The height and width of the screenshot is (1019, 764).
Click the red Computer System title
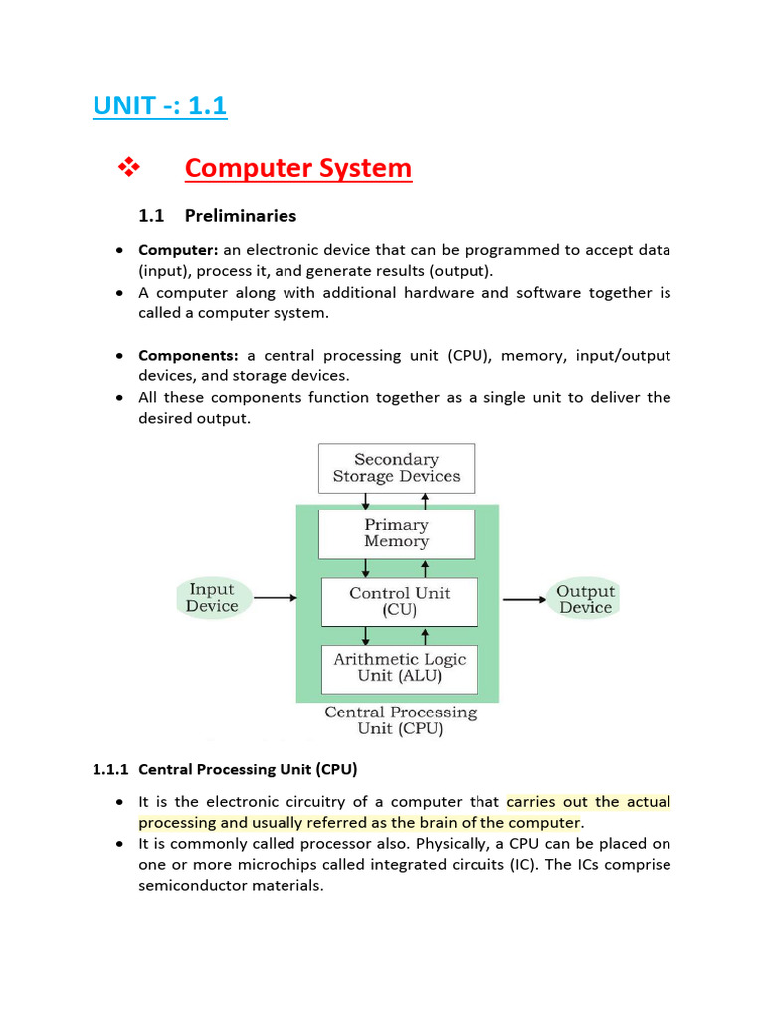tap(297, 168)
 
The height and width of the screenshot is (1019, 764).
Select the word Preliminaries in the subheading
tap(240, 215)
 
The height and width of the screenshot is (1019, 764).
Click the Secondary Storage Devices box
tap(396, 468)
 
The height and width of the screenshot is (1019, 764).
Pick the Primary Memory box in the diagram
tap(396, 533)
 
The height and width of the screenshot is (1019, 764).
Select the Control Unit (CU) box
tap(399, 601)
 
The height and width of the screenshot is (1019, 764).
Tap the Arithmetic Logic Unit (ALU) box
tap(399, 668)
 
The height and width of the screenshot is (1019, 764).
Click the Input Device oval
tap(213, 598)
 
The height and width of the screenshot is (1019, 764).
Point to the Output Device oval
tap(585, 599)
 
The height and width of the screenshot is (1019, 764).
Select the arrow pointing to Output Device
tap(522, 599)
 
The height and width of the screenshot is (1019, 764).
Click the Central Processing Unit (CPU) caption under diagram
tap(400, 720)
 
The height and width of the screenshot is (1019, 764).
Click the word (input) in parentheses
tap(164, 271)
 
